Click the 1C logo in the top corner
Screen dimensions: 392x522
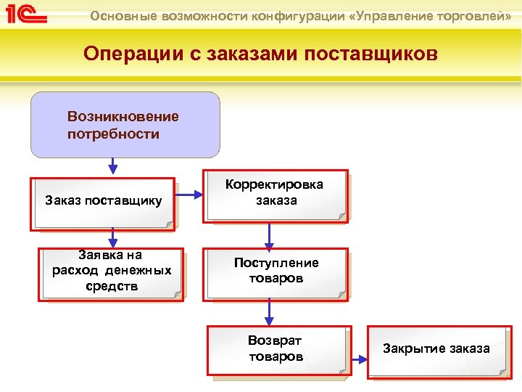point(25,15)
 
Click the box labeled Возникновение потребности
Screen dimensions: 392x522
point(125,125)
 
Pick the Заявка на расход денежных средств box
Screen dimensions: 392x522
point(112,273)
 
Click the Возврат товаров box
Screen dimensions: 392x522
point(275,351)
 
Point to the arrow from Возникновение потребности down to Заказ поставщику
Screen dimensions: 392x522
point(112,167)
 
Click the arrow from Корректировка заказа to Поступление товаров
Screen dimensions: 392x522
point(269,234)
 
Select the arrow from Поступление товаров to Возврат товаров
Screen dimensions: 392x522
point(269,312)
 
